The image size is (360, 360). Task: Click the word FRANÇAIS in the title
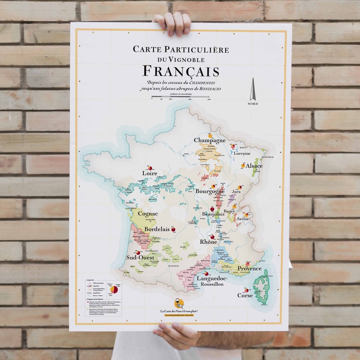(181, 71)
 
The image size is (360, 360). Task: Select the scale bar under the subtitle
(181, 97)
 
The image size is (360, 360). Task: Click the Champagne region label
(210, 141)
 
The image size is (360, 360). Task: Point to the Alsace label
(254, 166)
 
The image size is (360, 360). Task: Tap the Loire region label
(149, 173)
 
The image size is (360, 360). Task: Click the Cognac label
(148, 214)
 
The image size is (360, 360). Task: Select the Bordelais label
(157, 229)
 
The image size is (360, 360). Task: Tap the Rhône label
(208, 242)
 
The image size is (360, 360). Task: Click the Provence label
(249, 269)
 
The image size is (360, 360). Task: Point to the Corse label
(245, 296)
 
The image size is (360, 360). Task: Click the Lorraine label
(242, 154)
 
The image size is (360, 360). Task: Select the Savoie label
(243, 219)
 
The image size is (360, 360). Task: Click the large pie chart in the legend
(114, 290)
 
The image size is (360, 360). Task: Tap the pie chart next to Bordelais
(173, 230)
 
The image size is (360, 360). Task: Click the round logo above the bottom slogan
(179, 303)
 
